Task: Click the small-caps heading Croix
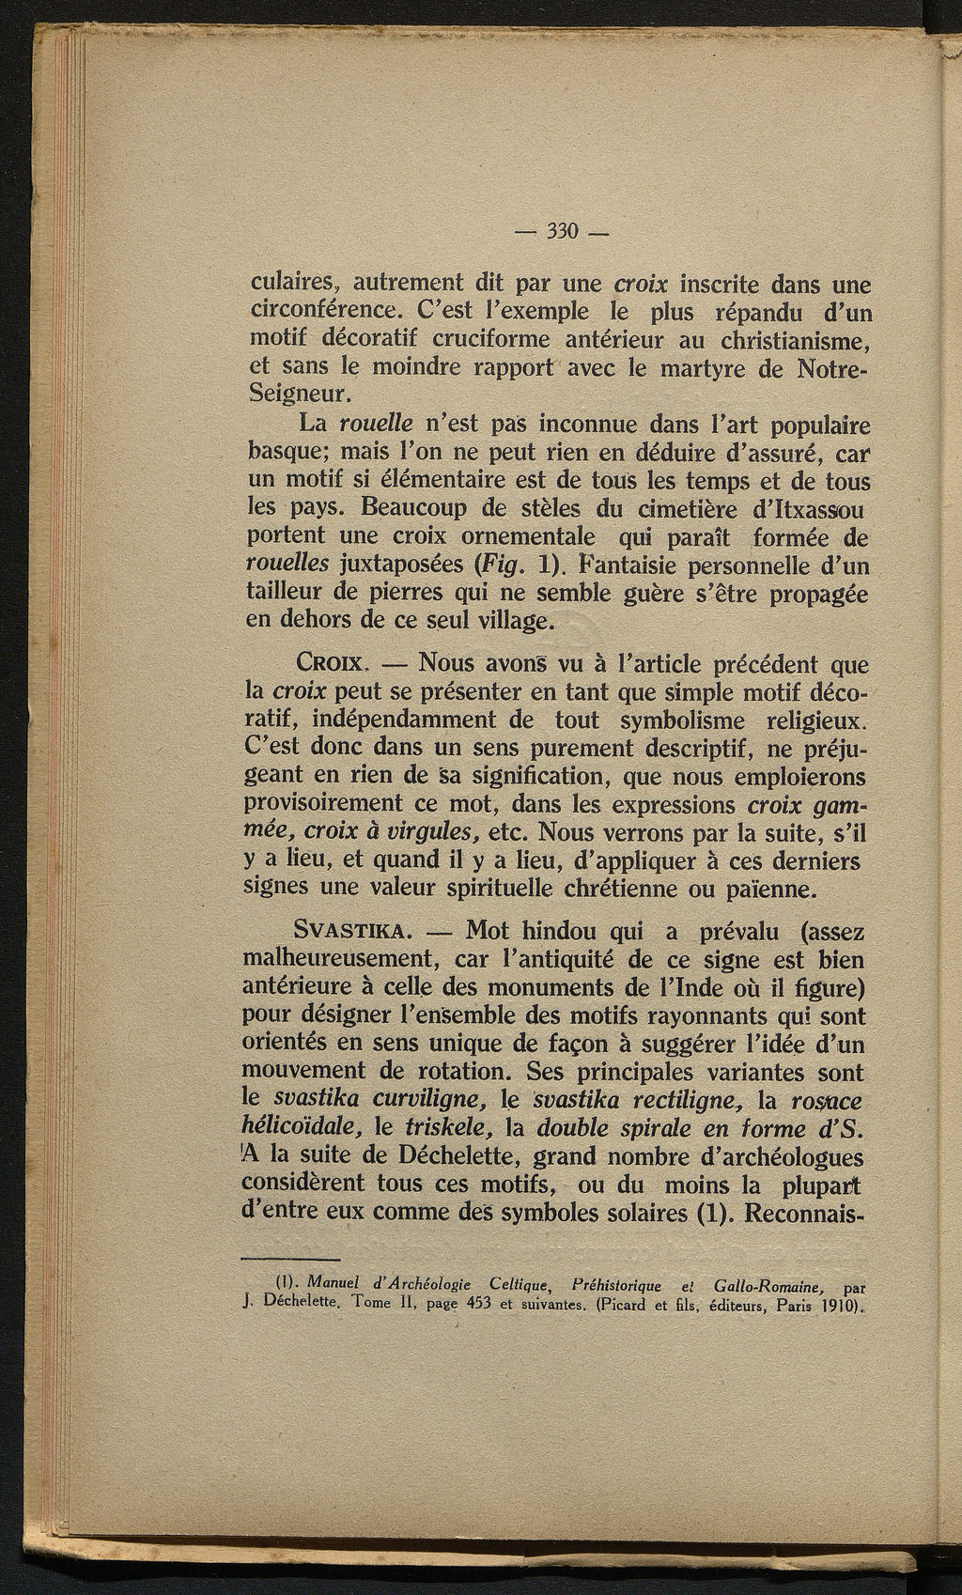point(330,664)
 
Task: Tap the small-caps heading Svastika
point(350,932)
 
